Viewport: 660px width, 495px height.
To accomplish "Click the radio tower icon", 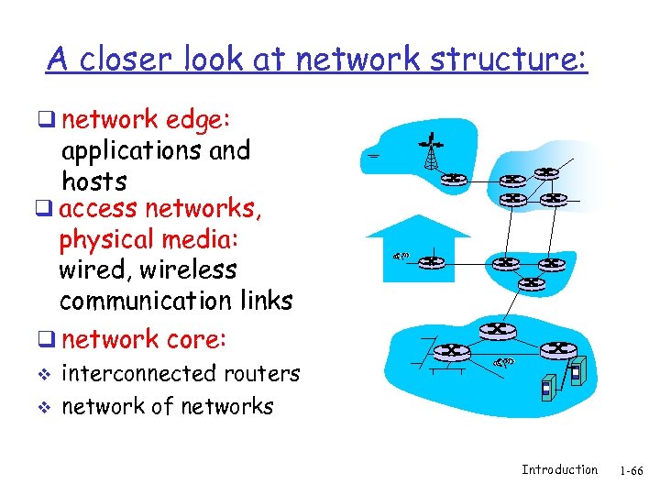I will (430, 152).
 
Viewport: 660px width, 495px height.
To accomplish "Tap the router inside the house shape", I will (432, 262).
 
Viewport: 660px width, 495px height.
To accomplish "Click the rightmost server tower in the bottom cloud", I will (577, 372).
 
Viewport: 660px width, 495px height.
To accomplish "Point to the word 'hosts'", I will (94, 181).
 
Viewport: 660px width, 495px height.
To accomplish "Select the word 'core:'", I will (196, 339).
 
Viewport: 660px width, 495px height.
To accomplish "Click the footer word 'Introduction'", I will (559, 469).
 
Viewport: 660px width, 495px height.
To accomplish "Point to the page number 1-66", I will (631, 470).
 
